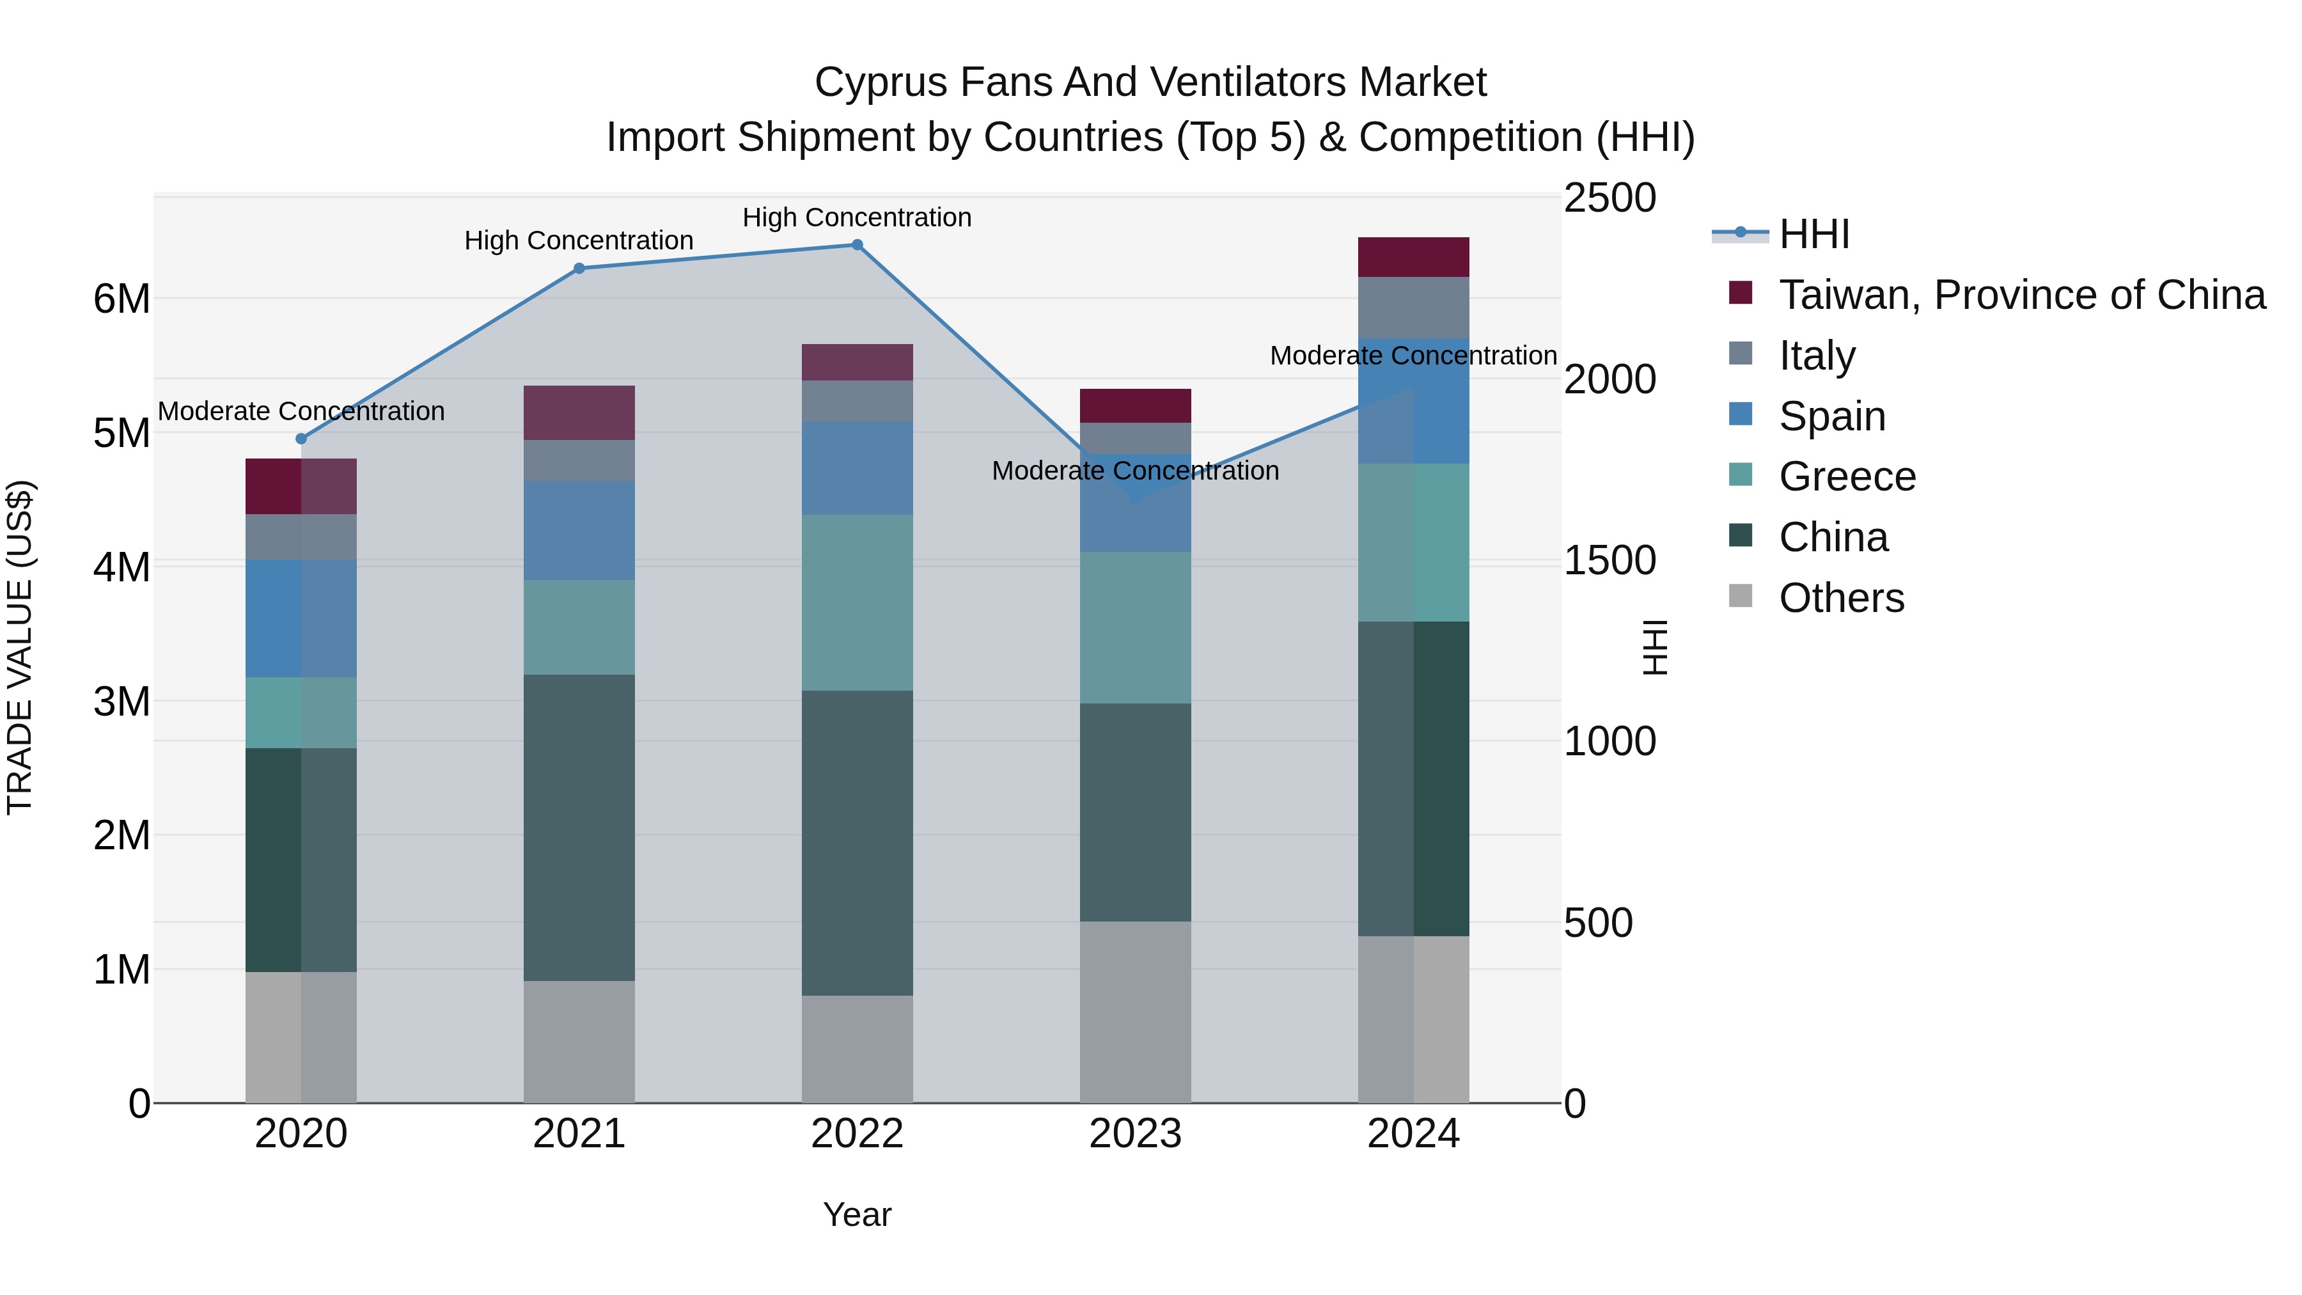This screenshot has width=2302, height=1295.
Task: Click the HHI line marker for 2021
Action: [x=579, y=268]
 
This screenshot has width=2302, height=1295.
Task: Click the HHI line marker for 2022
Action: [x=857, y=245]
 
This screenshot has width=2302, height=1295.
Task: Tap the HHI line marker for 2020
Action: [x=301, y=439]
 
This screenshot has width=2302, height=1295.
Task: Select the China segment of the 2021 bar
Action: [x=579, y=827]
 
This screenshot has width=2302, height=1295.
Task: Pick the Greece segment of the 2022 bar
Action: [x=857, y=602]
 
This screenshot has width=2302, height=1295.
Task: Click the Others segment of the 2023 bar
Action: [x=1135, y=1012]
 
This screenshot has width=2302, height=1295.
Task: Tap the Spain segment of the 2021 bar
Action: [x=579, y=530]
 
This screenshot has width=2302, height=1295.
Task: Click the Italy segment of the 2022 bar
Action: [x=857, y=401]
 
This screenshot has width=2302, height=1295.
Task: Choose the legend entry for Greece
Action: [x=1846, y=476]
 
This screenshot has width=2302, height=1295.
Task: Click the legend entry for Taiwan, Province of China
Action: [x=2021, y=295]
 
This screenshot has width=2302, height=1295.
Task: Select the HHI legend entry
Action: [x=1813, y=234]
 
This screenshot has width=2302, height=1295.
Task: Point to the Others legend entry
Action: [x=1841, y=598]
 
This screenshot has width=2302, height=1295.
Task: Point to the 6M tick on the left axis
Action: [x=121, y=299]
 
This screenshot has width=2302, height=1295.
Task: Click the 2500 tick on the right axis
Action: [x=1609, y=198]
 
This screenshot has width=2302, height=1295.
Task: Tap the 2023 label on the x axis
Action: [x=1135, y=1134]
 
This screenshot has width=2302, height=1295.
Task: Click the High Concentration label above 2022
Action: [x=857, y=217]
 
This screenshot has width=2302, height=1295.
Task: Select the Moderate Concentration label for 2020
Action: [x=301, y=411]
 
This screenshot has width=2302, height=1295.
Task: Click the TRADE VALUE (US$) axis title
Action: [x=20, y=647]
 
